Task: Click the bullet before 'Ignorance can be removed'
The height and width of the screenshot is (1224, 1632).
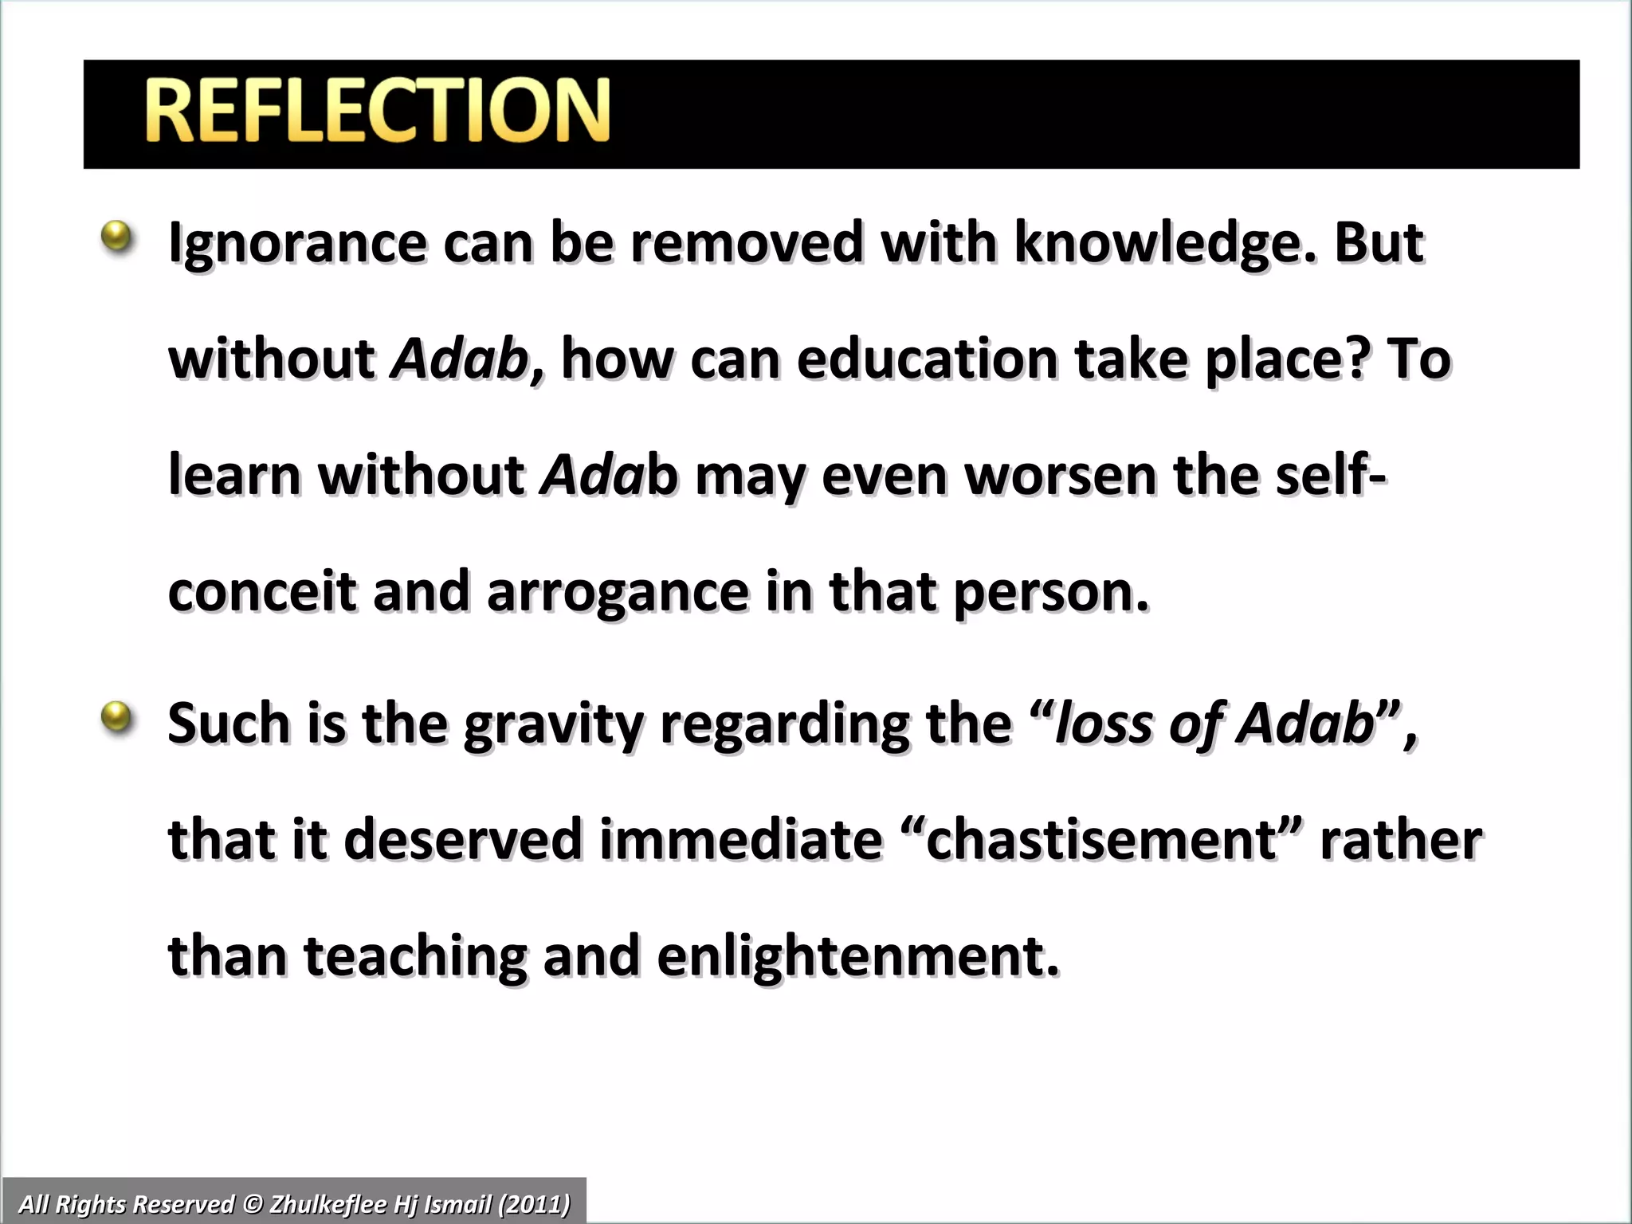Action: [117, 237]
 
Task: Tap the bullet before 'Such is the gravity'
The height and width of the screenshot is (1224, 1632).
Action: [117, 716]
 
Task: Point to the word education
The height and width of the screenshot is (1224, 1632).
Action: [927, 359]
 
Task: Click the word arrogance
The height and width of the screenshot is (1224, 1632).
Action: [618, 592]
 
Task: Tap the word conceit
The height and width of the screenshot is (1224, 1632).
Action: [262, 592]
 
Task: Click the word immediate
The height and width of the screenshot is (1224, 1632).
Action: [741, 841]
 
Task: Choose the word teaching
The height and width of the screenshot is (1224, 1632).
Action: [415, 957]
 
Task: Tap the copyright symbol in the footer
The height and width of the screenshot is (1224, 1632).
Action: [252, 1204]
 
